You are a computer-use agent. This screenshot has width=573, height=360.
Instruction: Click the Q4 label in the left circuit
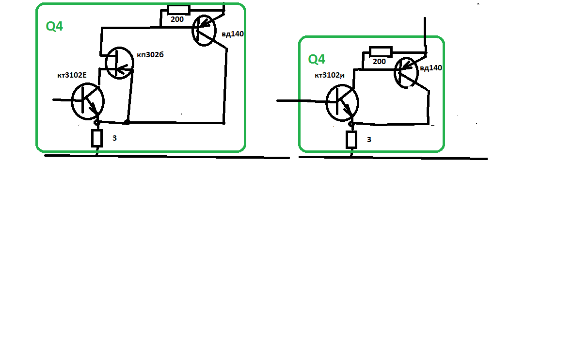(x=54, y=26)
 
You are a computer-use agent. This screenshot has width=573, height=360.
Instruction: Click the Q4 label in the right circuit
(x=317, y=59)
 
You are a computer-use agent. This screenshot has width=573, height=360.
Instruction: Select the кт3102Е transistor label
(x=72, y=75)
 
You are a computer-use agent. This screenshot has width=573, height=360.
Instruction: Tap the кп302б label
(x=150, y=54)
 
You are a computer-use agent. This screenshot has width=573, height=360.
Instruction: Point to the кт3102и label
(x=330, y=75)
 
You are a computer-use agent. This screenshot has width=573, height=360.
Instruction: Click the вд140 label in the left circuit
(x=233, y=34)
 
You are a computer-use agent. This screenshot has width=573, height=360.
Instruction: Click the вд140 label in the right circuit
(x=431, y=68)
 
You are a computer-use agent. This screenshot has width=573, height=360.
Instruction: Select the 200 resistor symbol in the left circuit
(x=178, y=10)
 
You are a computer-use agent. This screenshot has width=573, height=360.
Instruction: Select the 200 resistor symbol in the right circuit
(x=381, y=51)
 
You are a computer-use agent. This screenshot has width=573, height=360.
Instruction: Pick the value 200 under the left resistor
(x=177, y=19)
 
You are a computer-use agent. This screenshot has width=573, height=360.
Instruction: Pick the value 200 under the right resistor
(x=379, y=62)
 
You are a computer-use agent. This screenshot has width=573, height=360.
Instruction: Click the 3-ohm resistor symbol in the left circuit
(x=97, y=138)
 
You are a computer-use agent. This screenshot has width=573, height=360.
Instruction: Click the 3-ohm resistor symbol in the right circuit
(x=351, y=140)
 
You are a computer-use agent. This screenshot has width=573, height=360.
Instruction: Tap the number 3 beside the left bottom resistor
(x=114, y=138)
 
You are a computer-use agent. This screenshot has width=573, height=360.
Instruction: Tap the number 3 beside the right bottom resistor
(x=369, y=139)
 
